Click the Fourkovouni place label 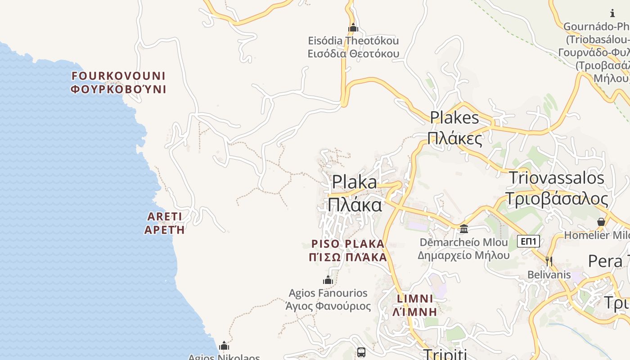[119, 82]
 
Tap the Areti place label [165, 223]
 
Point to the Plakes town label [455, 128]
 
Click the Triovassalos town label [557, 188]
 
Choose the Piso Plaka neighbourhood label [349, 251]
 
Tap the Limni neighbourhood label [415, 305]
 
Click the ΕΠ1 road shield [528, 241]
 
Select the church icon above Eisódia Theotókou [353, 28]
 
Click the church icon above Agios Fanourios [328, 280]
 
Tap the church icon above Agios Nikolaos [224, 346]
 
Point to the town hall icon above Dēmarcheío [464, 229]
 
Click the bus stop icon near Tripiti [361, 352]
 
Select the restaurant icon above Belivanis [549, 261]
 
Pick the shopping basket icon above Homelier [601, 222]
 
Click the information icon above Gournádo [612, 13]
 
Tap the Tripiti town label [445, 354]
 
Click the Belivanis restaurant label [549, 274]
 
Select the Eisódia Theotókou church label [353, 47]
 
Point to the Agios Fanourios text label [328, 300]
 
